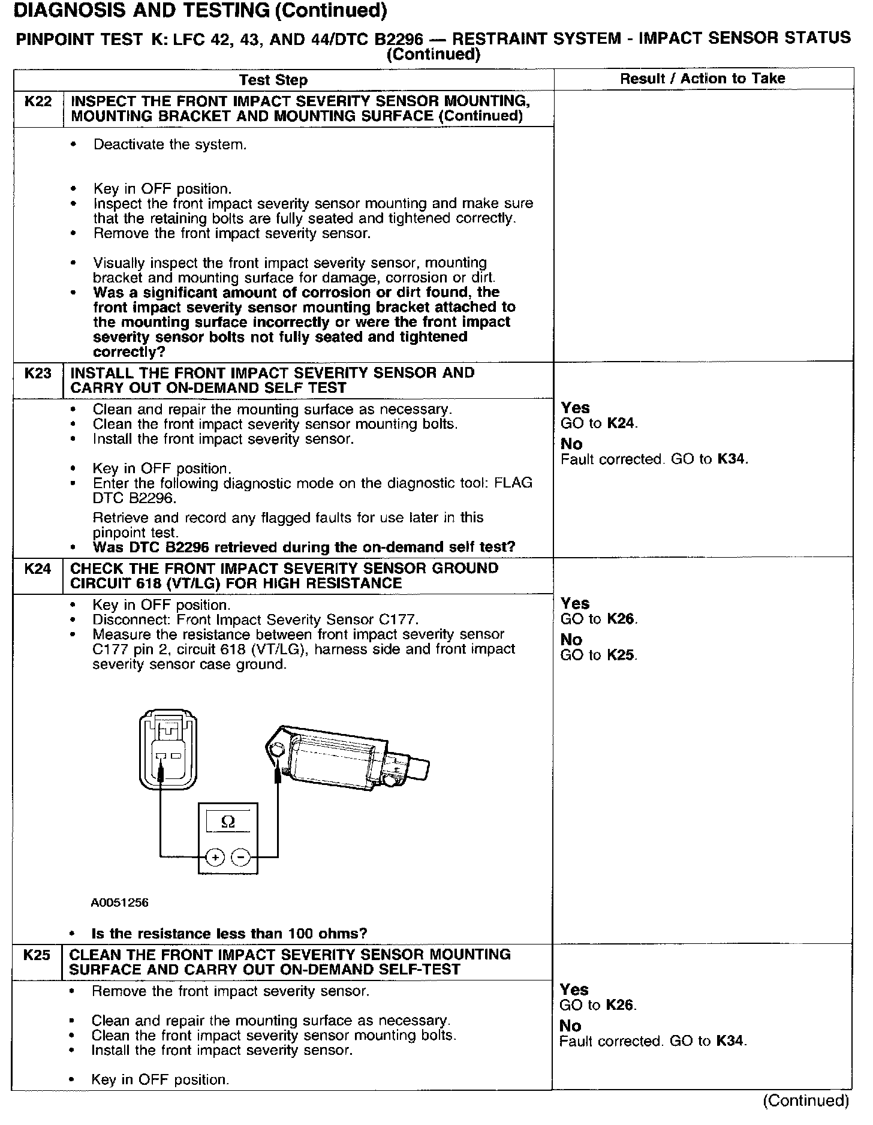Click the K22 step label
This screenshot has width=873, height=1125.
(x=38, y=101)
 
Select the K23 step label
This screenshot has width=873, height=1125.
(x=38, y=373)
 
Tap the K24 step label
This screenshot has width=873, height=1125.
(x=38, y=568)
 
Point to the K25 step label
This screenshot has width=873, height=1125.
(x=37, y=955)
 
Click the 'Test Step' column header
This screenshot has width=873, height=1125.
(x=273, y=80)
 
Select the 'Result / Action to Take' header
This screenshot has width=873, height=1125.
(x=702, y=79)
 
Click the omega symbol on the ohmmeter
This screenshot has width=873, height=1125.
(x=228, y=822)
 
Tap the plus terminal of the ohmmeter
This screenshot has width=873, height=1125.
(x=215, y=858)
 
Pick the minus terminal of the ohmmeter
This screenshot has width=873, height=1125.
(x=241, y=858)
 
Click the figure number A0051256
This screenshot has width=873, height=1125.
(x=120, y=903)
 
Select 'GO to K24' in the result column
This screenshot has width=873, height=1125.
(x=599, y=423)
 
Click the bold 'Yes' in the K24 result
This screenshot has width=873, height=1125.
(x=575, y=603)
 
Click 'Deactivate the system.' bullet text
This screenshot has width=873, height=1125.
(x=170, y=145)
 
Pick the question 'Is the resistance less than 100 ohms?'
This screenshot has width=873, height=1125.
(x=229, y=934)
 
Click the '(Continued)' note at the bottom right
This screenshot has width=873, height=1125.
(x=805, y=1100)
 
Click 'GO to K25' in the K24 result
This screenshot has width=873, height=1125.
(x=598, y=655)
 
